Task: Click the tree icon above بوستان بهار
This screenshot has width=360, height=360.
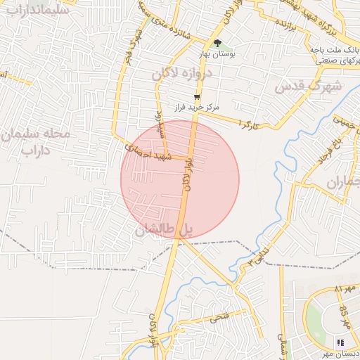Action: [x=217, y=43]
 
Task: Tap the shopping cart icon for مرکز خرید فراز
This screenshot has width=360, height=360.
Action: [x=197, y=97]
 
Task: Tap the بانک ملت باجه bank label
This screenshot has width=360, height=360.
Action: [x=333, y=50]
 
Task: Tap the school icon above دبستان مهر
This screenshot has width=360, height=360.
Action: [x=340, y=342]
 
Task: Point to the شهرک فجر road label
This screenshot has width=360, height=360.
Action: [x=129, y=49]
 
